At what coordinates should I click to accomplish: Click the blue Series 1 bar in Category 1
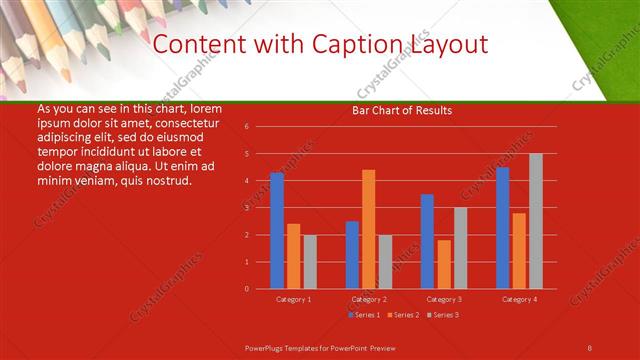point(277,231)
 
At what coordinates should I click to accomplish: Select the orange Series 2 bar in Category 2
point(369,229)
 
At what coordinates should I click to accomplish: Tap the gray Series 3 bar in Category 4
point(536,221)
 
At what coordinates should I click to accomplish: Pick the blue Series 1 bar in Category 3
point(427,241)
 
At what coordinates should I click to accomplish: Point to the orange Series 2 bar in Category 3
point(444,264)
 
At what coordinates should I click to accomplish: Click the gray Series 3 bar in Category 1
point(310,261)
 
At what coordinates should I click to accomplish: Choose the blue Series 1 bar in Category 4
point(502,228)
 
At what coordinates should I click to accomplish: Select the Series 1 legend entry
point(365,315)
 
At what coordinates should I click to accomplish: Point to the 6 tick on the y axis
point(246,127)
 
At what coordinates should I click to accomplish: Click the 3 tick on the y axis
point(246,208)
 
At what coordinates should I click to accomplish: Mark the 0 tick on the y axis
point(246,289)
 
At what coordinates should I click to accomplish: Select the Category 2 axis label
point(368,299)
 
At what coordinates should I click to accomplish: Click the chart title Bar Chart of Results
point(402,109)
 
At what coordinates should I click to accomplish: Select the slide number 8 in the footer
point(590,346)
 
